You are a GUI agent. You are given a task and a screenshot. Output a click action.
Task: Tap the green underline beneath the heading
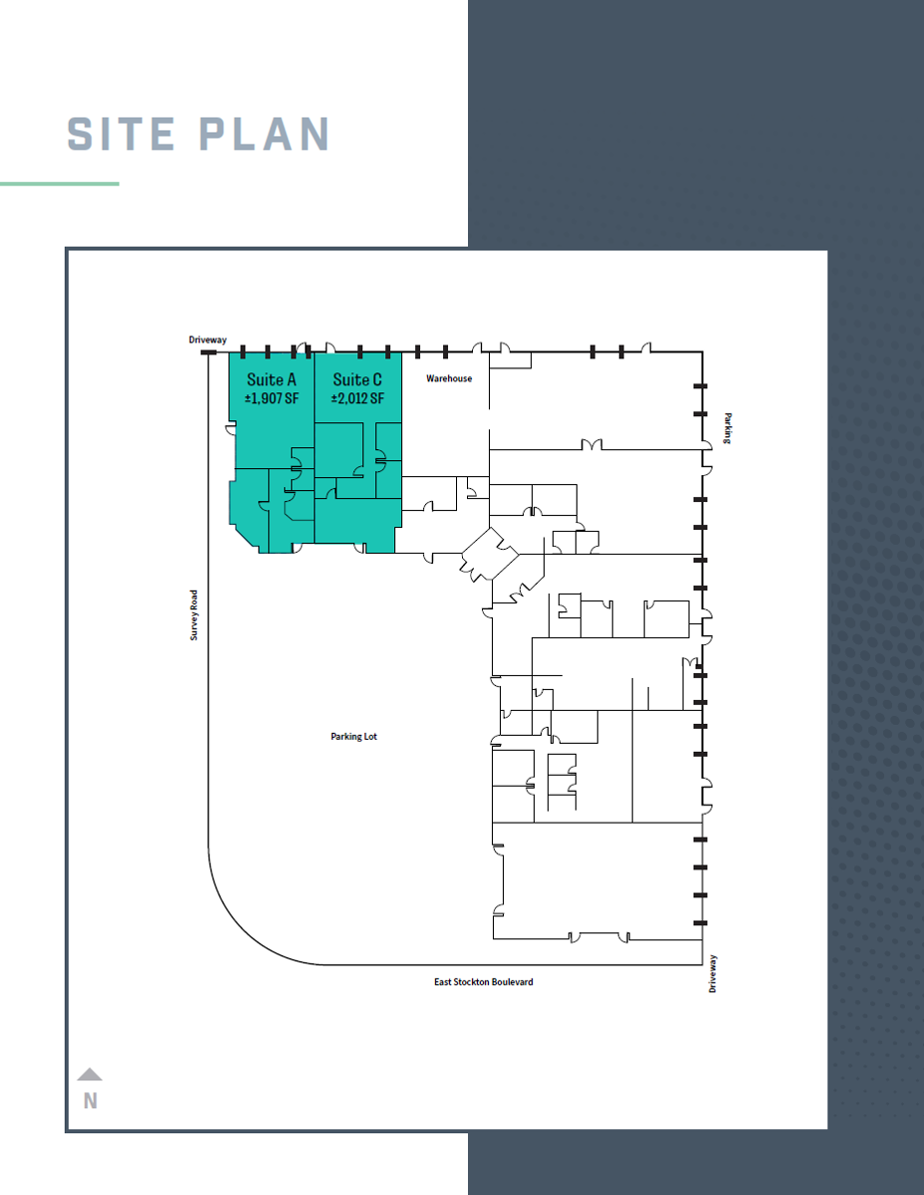tap(60, 183)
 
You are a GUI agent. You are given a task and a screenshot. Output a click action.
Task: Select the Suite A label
tap(271, 379)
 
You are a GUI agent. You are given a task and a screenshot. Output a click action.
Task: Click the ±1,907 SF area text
tap(271, 398)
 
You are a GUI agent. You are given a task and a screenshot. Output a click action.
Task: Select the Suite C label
tap(357, 379)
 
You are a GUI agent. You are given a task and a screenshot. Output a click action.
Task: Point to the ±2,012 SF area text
tap(357, 398)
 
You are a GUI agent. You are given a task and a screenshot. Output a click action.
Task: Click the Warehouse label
tap(449, 378)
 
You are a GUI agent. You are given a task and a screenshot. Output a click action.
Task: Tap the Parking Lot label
tap(353, 737)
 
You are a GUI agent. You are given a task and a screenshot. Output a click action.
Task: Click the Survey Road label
tap(195, 614)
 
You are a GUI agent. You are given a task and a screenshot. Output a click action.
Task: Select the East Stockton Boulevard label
tap(483, 982)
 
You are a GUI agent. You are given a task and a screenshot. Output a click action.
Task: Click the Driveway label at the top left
tap(208, 340)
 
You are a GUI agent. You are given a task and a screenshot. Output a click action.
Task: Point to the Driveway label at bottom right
tap(713, 973)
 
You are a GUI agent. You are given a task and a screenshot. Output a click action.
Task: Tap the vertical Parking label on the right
tap(729, 429)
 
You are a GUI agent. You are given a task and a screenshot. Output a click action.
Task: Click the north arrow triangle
tap(90, 1075)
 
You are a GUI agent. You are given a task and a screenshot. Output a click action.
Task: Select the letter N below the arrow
tap(91, 1100)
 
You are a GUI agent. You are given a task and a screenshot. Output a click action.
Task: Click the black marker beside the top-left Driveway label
tap(209, 352)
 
